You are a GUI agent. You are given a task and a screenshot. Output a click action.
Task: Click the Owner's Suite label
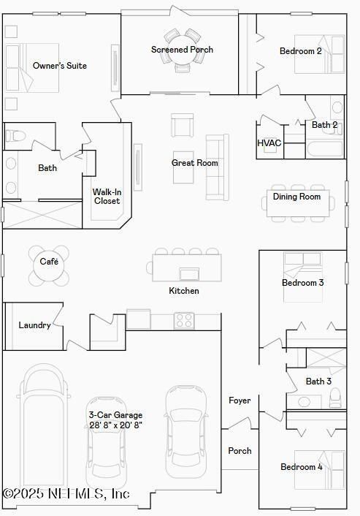pyautogui.click(x=60, y=66)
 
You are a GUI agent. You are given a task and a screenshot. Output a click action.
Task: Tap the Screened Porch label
pyautogui.click(x=182, y=50)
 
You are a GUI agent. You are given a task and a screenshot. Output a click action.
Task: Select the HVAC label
pyautogui.click(x=269, y=143)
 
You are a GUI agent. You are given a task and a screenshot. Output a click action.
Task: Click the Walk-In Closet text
pyautogui.click(x=107, y=197)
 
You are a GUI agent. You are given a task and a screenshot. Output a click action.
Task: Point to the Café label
pyautogui.click(x=49, y=261)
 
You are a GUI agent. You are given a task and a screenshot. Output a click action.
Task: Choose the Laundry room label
pyautogui.click(x=34, y=325)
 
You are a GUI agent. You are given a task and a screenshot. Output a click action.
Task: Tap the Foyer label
pyautogui.click(x=240, y=401)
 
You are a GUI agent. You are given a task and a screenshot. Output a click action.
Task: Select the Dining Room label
pyautogui.click(x=296, y=197)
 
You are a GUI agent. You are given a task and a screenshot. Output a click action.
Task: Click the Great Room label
pyautogui.click(x=195, y=163)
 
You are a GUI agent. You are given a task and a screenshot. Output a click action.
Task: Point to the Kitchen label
pyautogui.click(x=184, y=291)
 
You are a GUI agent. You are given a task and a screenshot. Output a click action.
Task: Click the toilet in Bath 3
pyautogui.click(x=335, y=398)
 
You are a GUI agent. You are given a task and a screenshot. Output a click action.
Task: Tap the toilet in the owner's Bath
pyautogui.click(x=15, y=134)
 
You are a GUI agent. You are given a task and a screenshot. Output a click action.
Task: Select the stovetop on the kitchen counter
pyautogui.click(x=184, y=320)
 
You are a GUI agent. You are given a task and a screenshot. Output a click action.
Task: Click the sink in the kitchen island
pyautogui.click(x=189, y=274)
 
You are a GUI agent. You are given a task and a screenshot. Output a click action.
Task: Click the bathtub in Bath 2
pyautogui.click(x=323, y=149)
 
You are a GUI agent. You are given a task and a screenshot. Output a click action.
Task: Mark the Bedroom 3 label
pyautogui.click(x=302, y=283)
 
